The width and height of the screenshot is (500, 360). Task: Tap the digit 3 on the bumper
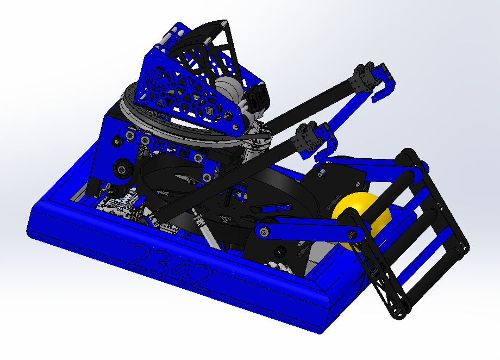(x=163, y=262)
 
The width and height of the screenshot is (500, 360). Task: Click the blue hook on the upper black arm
(x=383, y=83)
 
